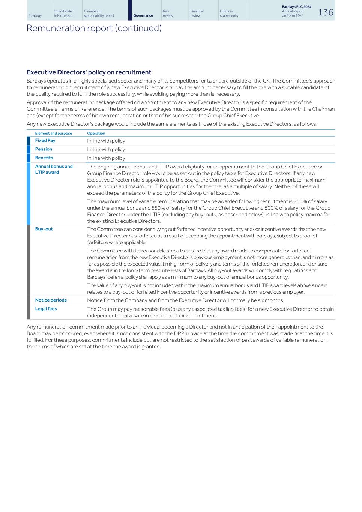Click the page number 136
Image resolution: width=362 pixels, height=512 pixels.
click(x=325, y=12)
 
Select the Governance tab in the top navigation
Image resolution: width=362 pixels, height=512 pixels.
click(x=143, y=15)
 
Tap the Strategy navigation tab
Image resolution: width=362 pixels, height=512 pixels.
click(x=35, y=15)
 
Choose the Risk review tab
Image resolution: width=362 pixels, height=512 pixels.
click(x=168, y=14)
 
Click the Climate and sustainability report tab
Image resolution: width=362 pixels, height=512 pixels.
click(x=99, y=14)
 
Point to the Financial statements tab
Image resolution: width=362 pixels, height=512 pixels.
click(x=229, y=14)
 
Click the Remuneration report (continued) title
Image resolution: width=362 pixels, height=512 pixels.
click(x=94, y=28)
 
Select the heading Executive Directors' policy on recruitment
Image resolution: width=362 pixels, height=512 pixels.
click(x=89, y=72)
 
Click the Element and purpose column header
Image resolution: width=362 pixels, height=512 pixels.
click(x=53, y=133)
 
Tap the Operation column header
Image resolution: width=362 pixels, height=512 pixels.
click(x=96, y=133)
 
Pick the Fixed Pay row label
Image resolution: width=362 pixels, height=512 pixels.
click(x=45, y=140)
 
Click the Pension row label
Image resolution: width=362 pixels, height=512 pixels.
click(x=44, y=149)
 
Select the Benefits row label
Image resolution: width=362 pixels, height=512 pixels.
click(x=44, y=158)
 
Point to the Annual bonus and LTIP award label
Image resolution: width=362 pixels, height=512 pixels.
click(x=54, y=169)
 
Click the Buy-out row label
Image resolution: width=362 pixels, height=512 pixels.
click(x=44, y=229)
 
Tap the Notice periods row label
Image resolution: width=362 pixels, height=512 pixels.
click(x=51, y=300)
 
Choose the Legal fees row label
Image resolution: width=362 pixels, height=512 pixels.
click(x=46, y=309)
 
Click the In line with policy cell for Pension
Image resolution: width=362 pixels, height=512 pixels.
click(x=106, y=149)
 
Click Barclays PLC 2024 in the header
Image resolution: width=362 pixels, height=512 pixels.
click(x=296, y=7)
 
